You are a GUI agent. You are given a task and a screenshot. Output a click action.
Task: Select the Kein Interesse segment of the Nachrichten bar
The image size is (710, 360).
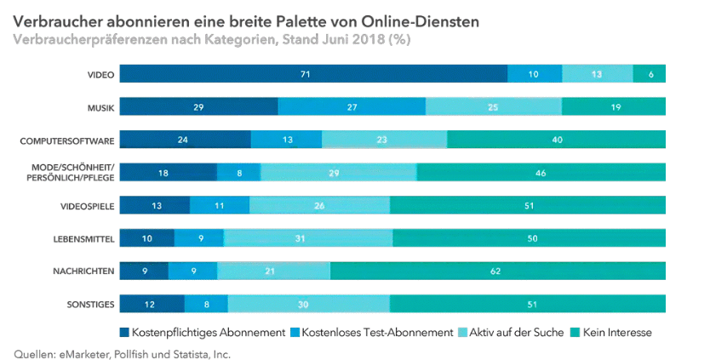[x=497, y=271]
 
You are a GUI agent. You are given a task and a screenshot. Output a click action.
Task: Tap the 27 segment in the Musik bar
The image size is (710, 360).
[x=352, y=106]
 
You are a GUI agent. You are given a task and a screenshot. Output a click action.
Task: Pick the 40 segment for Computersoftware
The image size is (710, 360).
[x=556, y=140]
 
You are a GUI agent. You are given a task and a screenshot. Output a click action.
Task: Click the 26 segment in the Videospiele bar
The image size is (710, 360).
[x=319, y=205]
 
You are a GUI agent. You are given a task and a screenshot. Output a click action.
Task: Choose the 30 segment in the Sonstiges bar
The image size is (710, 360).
[x=308, y=304]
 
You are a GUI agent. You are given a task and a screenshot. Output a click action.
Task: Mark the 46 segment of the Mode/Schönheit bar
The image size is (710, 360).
[x=541, y=172]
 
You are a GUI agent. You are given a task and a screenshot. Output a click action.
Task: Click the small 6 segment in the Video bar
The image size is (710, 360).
[x=650, y=74]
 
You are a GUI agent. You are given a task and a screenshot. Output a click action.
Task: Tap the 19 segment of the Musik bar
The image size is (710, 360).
[x=613, y=106]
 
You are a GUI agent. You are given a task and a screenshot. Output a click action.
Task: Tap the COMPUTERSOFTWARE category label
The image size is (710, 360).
[x=72, y=140]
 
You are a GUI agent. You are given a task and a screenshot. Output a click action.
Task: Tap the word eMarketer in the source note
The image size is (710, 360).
[x=83, y=352]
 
